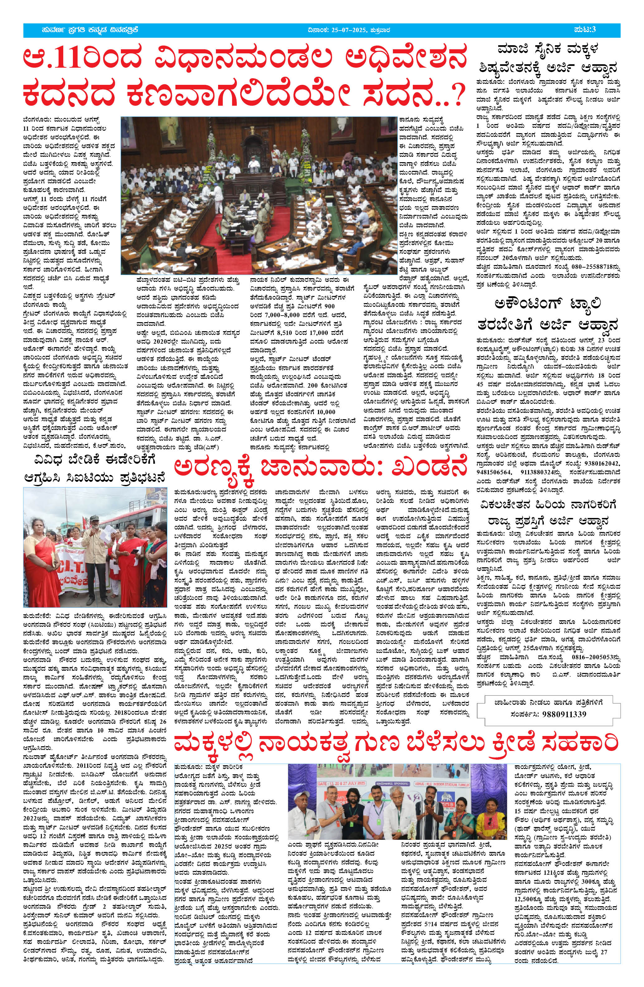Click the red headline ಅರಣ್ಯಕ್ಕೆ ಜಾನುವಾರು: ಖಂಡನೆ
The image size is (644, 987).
pos(320,469)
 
